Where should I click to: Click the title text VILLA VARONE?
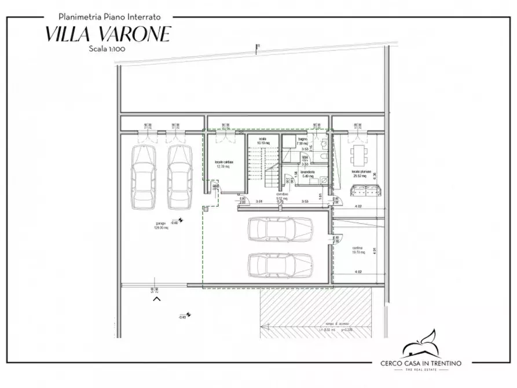[108, 34]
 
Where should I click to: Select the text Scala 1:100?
[108, 49]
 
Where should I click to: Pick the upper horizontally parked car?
[280, 230]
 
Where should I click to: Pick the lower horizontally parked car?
[280, 266]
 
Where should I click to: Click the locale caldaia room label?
[224, 163]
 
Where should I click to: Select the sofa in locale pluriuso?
[362, 189]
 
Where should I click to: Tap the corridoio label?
[282, 195]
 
